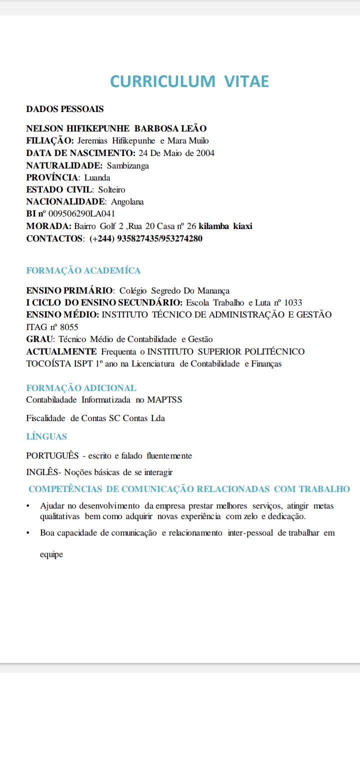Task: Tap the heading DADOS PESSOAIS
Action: (x=65, y=108)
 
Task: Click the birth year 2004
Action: (x=205, y=153)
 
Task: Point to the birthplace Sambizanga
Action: (x=127, y=165)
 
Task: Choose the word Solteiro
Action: (x=111, y=189)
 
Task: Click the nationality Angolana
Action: (x=127, y=201)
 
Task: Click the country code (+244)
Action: (x=102, y=238)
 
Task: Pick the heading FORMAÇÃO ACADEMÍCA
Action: (x=83, y=270)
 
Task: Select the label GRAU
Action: (x=40, y=339)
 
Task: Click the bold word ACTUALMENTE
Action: (x=61, y=351)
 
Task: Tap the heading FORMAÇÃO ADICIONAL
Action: (x=81, y=387)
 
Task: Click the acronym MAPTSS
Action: (x=164, y=399)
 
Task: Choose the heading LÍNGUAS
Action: (x=46, y=436)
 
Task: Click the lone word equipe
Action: (x=51, y=554)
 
